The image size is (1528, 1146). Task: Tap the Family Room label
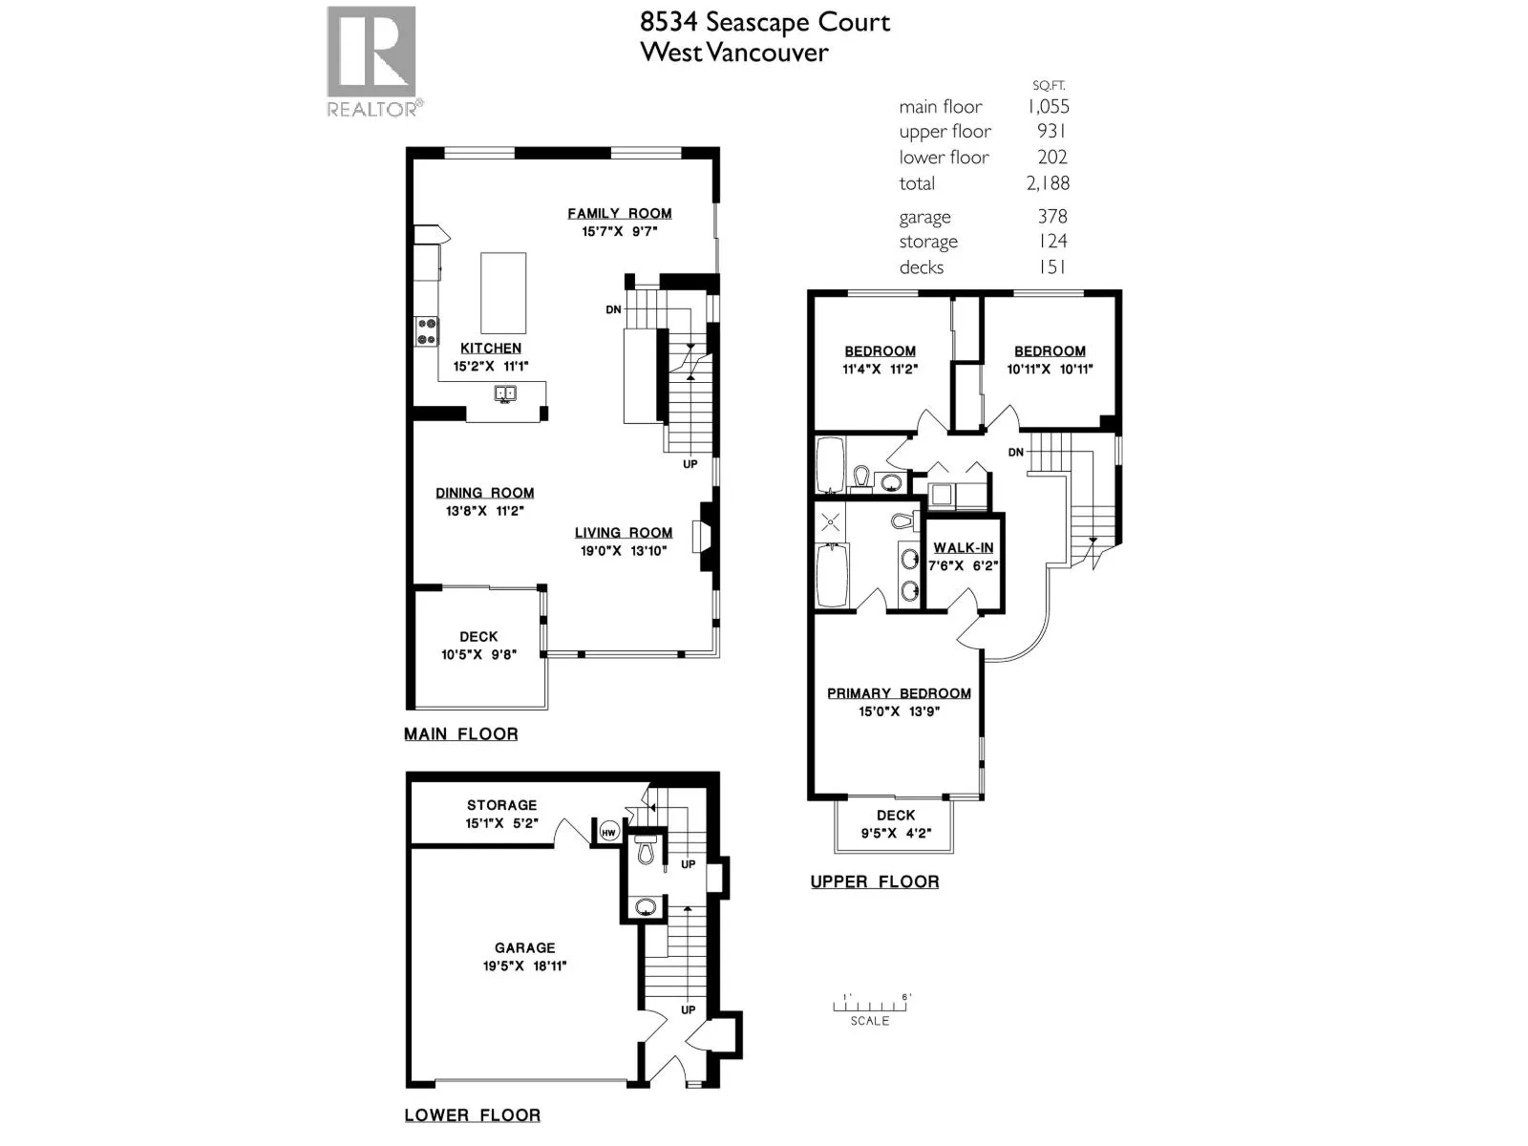619,214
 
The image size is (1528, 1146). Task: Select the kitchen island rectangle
502,293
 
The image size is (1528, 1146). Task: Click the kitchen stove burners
426,331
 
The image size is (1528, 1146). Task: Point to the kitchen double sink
505,393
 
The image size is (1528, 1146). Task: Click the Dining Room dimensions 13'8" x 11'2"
484,511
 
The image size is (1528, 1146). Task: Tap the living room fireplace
704,537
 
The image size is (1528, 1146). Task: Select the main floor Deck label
478,637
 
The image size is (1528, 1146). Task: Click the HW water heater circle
609,832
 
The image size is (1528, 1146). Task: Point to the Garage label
525,947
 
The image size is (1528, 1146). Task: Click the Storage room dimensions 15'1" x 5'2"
501,824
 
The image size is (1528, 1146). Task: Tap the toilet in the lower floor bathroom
646,852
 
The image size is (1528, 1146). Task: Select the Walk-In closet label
964,547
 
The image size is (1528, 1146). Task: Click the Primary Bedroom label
899,693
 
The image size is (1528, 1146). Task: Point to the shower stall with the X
831,521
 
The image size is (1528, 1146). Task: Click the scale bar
872,1006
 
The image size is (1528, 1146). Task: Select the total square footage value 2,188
1048,183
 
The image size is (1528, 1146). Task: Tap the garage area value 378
1051,217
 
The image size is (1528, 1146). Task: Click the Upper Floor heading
875,882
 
